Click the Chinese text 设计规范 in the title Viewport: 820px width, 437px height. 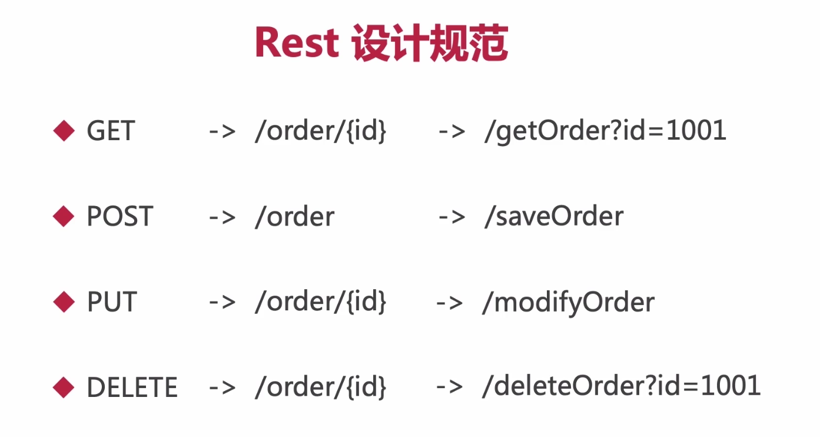[430, 43]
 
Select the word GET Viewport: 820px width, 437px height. [111, 131]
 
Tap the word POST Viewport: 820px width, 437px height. [119, 217]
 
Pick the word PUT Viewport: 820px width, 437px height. [111, 303]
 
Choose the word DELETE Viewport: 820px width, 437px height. [132, 388]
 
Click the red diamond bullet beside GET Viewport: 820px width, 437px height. [64, 131]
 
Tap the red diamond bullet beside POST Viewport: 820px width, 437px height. [64, 217]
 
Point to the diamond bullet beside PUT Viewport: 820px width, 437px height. [64, 303]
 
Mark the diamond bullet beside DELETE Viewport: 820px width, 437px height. [64, 388]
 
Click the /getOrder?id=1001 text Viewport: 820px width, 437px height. [605, 131]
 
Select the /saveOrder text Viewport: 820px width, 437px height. [553, 217]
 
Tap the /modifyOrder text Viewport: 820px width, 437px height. [568, 303]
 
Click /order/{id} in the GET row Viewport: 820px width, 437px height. [321, 131]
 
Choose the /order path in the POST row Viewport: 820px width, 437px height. [294, 217]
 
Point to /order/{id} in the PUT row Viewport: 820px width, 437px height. [321, 303]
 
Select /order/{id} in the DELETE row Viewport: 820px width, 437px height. [321, 388]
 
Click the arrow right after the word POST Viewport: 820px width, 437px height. [223, 217]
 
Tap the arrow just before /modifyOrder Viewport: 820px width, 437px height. [450, 303]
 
